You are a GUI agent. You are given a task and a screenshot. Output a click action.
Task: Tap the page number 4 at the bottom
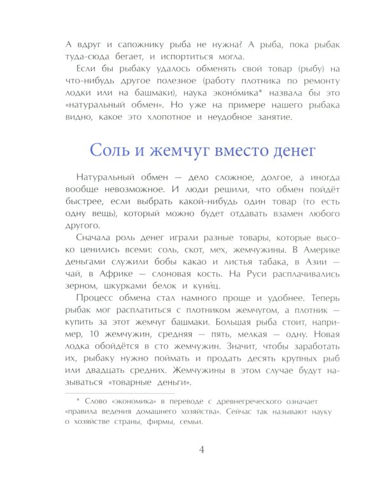point(202,450)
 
